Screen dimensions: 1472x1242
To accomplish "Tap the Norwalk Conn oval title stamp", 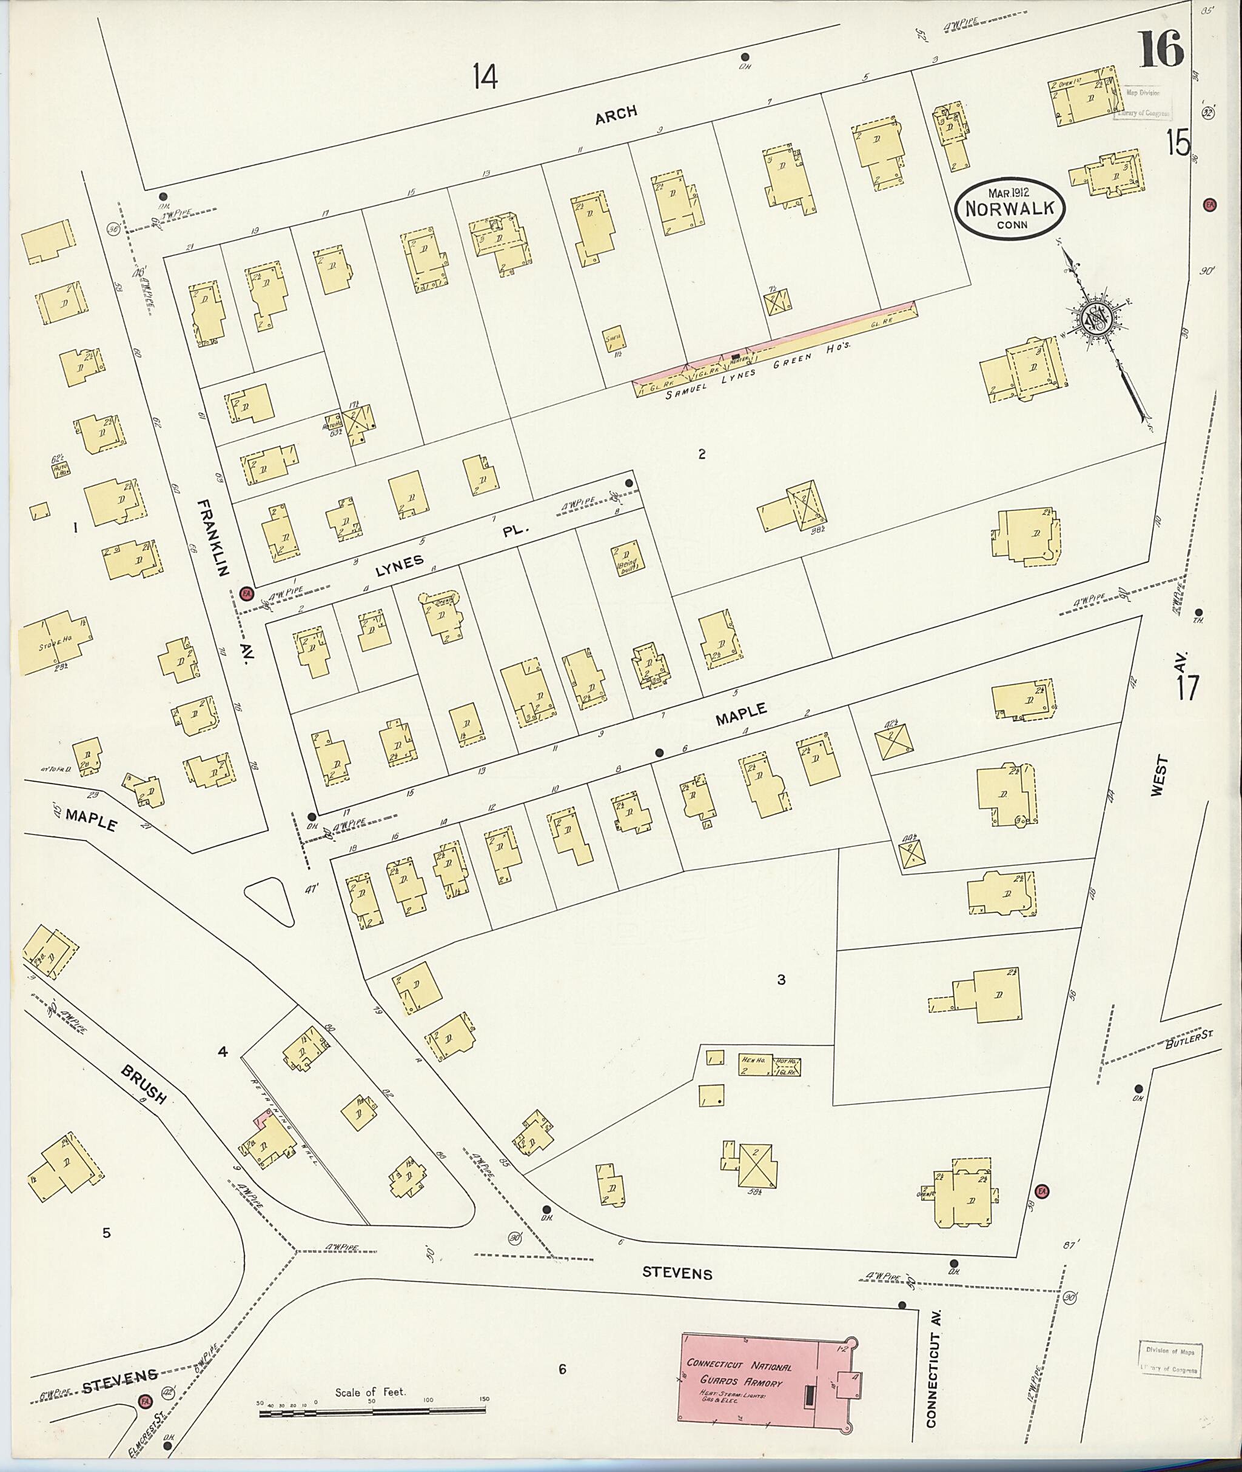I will pyautogui.click(x=1010, y=208).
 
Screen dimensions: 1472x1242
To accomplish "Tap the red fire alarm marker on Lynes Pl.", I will pyautogui.click(x=246, y=593).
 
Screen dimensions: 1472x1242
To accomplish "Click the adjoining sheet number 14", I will pyautogui.click(x=485, y=76).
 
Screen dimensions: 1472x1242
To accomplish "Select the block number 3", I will pyautogui.click(x=781, y=979).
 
